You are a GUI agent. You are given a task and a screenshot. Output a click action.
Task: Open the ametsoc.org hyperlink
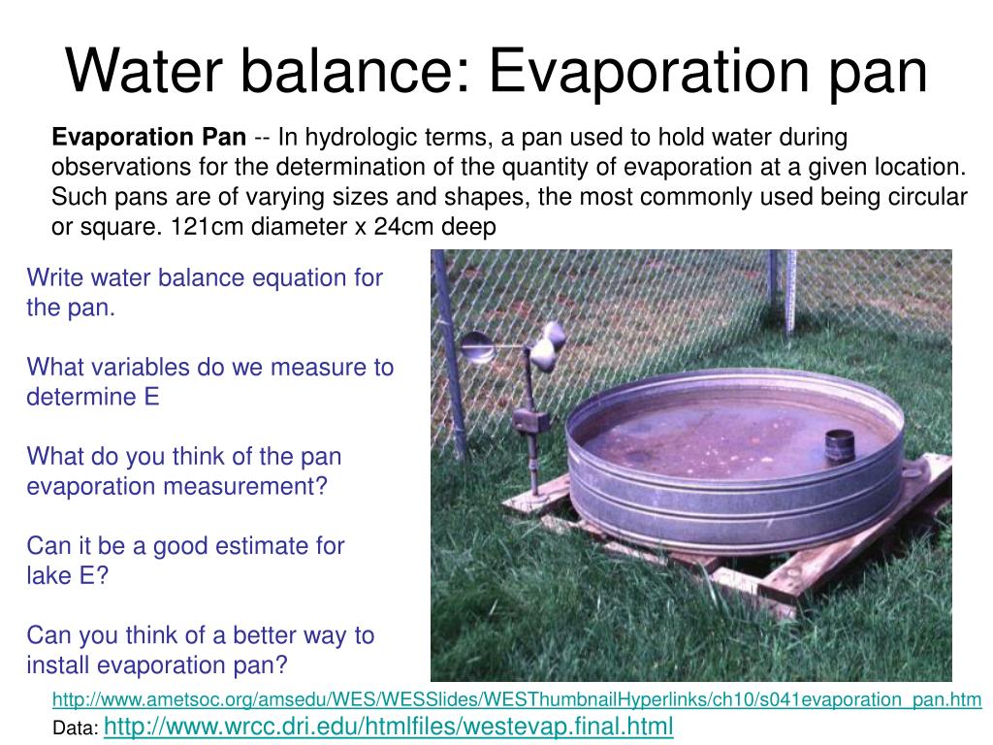516,698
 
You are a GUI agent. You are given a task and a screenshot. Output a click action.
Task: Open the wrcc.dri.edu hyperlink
387,726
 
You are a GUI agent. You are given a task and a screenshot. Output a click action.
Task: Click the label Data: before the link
74,728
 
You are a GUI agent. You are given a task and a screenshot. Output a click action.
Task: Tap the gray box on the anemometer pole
529,421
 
